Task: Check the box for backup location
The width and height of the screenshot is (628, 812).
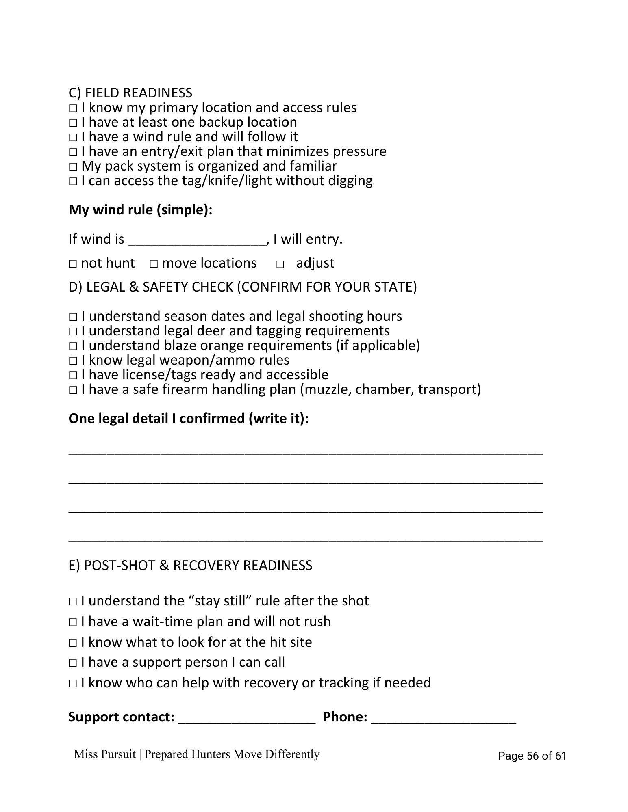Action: tap(73, 123)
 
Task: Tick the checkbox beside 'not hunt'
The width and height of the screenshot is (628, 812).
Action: tap(73, 264)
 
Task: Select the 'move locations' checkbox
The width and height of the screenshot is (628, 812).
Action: tap(153, 264)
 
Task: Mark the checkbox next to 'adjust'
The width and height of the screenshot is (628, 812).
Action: tap(280, 265)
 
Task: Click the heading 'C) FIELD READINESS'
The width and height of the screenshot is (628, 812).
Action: tap(130, 93)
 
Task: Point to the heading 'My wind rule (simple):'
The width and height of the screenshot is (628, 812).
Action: tap(141, 210)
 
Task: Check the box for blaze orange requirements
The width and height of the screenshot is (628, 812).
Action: tap(73, 346)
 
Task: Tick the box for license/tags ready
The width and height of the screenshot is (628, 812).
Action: tap(73, 376)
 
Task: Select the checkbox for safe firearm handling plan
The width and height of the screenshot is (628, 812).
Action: tap(73, 390)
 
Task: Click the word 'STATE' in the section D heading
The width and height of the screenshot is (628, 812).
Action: tap(395, 287)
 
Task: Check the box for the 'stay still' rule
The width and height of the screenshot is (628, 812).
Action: tap(73, 602)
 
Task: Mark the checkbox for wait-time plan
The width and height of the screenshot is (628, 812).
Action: tap(73, 622)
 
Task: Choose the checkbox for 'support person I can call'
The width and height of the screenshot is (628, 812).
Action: tap(73, 663)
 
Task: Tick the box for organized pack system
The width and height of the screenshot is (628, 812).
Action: tap(73, 167)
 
